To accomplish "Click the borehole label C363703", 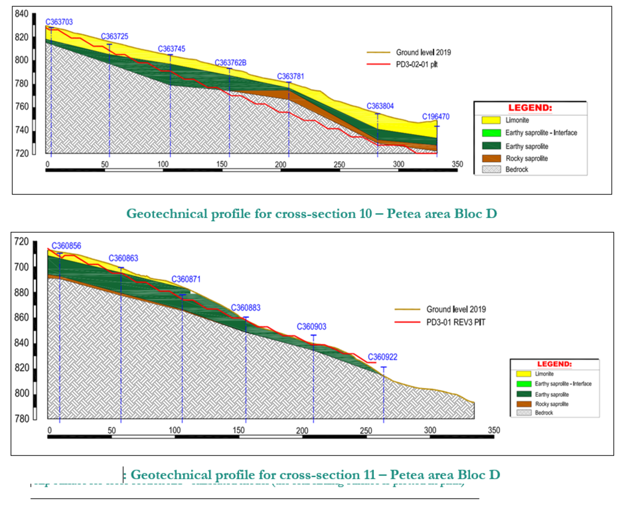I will (x=59, y=22).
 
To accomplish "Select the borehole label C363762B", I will (x=230, y=63).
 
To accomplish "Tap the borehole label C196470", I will (x=435, y=117).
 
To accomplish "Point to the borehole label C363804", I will (x=380, y=106).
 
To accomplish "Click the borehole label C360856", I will (x=66, y=246).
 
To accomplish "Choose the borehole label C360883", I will (x=246, y=308).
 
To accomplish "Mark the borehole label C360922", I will (x=382, y=357).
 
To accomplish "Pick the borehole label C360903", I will (x=311, y=327).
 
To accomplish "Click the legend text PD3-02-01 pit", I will (x=417, y=65).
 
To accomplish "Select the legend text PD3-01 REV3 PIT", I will (x=455, y=322).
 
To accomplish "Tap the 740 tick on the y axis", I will (x=22, y=130).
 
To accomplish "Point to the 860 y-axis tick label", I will (x=22, y=318).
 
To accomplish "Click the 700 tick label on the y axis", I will (x=22, y=267).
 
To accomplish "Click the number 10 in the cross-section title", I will (x=365, y=214).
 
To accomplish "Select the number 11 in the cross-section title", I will (x=369, y=475).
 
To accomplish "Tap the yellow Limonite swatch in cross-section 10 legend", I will (x=491, y=120).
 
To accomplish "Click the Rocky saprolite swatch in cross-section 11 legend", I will (x=524, y=404).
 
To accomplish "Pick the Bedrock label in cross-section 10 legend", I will (x=516, y=170).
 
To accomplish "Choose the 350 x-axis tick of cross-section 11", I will (x=494, y=430).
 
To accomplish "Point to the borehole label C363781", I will (x=291, y=76).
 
